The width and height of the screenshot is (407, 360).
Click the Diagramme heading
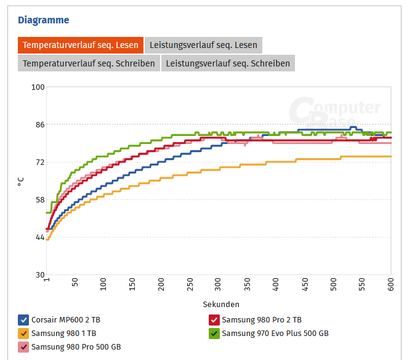(43, 20)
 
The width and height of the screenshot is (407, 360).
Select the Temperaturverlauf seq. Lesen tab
(81, 45)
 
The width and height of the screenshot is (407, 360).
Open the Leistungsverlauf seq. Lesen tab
(203, 45)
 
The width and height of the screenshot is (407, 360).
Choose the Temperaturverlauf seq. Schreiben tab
(89, 63)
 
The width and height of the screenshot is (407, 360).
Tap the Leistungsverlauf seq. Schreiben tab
(228, 63)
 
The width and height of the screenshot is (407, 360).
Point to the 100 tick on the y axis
(38, 87)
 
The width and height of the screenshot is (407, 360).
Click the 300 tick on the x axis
(219, 284)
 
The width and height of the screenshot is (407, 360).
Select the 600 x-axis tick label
(390, 284)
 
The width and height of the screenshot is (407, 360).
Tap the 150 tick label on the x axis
(132, 284)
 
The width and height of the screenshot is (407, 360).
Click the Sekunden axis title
(221, 304)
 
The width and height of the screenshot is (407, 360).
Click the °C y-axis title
(21, 181)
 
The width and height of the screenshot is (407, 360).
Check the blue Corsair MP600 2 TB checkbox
(23, 319)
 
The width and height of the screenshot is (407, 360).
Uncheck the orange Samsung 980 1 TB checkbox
(23, 333)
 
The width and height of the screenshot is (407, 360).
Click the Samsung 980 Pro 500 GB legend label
(76, 347)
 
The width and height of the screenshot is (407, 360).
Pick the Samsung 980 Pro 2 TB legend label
(262, 319)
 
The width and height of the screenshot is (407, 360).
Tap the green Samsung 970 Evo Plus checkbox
(214, 333)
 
